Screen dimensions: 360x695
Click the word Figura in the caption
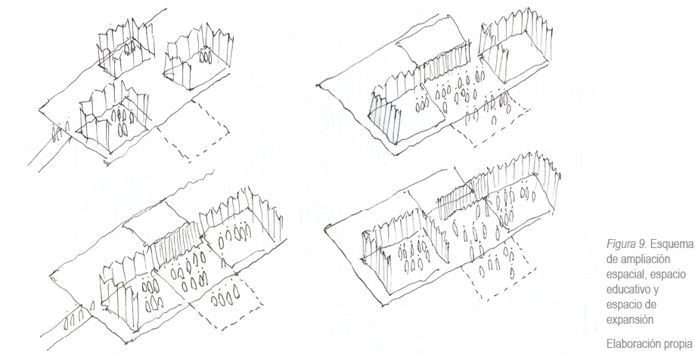(x=619, y=244)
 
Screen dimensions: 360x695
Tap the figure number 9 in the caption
(x=641, y=244)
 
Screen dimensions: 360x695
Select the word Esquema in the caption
(x=669, y=244)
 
